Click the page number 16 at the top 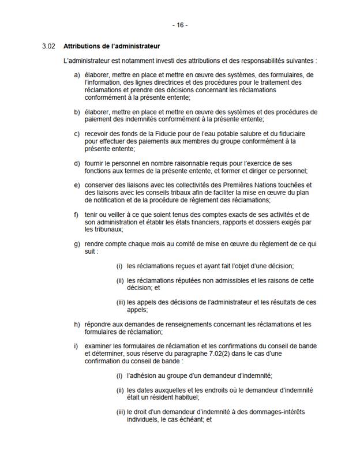click(179, 25)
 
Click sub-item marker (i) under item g click(119, 266)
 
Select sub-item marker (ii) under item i click(120, 390)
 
